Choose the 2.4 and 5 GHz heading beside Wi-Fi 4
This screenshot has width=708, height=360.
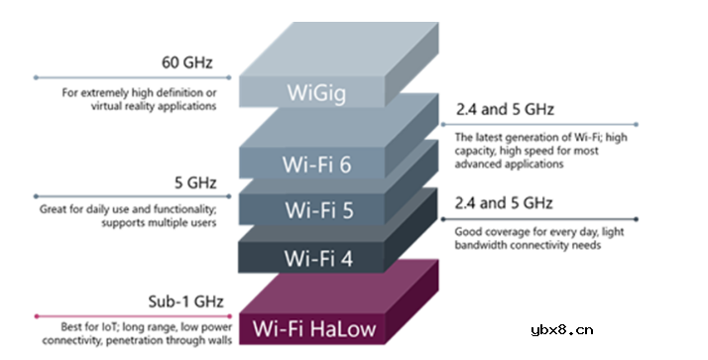pyautogui.click(x=504, y=203)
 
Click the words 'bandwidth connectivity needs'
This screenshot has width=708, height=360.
pyautogui.click(x=530, y=243)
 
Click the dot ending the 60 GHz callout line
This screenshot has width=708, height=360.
pyautogui.click(x=35, y=76)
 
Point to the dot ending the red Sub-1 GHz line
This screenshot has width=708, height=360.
pyautogui.click(x=35, y=315)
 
